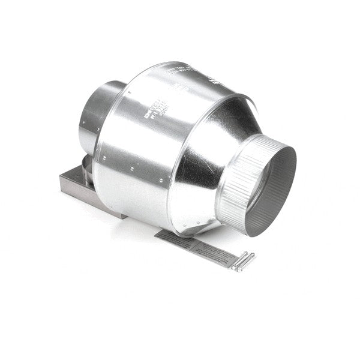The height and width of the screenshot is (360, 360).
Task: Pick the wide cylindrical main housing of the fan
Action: [138, 144]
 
